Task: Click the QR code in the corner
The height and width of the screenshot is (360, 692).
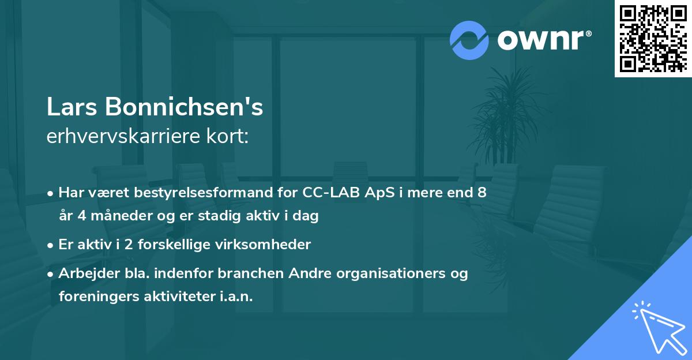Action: click(x=653, y=38)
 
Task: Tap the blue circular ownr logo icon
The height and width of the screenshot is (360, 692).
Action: click(x=469, y=40)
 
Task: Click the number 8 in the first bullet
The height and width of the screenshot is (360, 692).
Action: click(x=482, y=193)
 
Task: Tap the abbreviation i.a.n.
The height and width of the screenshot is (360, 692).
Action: click(x=236, y=297)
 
